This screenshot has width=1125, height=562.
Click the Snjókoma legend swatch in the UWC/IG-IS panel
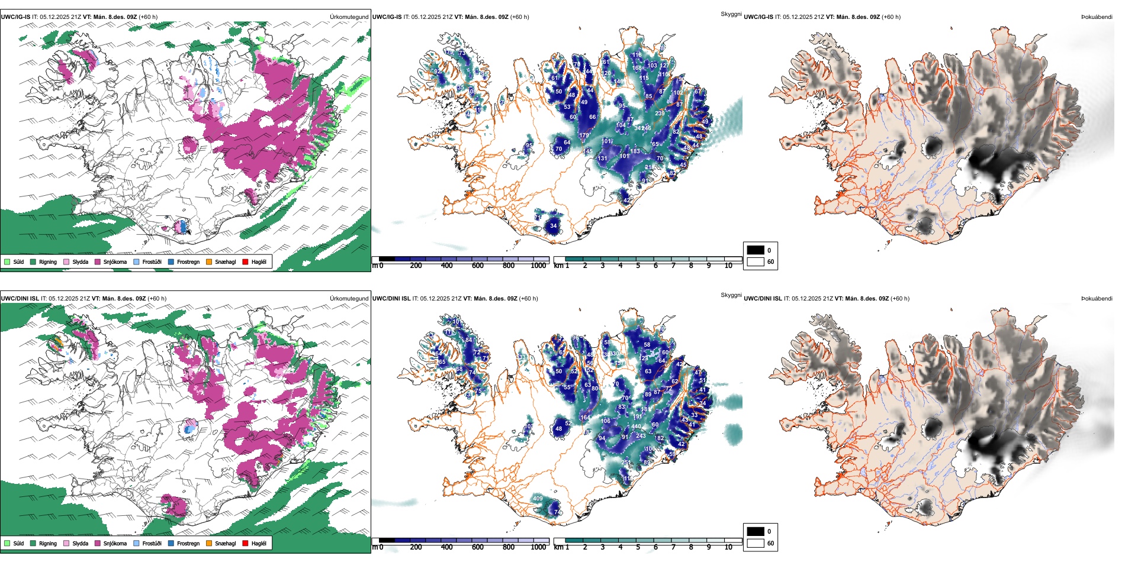pyautogui.click(x=98, y=261)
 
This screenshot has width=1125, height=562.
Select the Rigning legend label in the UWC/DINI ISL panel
pyautogui.click(x=48, y=543)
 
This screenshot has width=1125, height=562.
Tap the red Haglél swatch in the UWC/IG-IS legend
pyautogui.click(x=246, y=261)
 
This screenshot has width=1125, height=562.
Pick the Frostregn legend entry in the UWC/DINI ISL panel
pyautogui.click(x=188, y=543)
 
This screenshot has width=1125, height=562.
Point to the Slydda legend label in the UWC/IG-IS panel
pyautogui.click(x=80, y=261)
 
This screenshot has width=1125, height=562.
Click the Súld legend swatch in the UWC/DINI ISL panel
pyautogui.click(x=7, y=543)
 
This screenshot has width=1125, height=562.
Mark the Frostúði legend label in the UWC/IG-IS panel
pyautogui.click(x=152, y=261)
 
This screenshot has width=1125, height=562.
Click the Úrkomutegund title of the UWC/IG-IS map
pyautogui.click(x=349, y=17)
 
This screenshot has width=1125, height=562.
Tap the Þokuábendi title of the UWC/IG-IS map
pyautogui.click(x=1097, y=17)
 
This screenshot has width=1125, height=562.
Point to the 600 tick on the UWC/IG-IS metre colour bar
pyautogui.click(x=478, y=266)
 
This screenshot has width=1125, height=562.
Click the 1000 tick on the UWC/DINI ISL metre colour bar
pyautogui.click(x=538, y=547)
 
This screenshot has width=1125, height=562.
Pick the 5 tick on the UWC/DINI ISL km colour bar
pyautogui.click(x=638, y=547)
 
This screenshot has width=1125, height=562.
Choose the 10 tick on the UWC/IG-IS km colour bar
pyautogui.click(x=728, y=266)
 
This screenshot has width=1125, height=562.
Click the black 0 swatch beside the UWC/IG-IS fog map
pyautogui.click(x=756, y=250)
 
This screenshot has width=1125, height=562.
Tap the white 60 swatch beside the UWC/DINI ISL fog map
pyautogui.click(x=756, y=543)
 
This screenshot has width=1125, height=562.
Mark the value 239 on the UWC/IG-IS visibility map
pyautogui.click(x=660, y=114)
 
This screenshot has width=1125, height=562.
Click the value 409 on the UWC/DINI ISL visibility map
pyautogui.click(x=538, y=499)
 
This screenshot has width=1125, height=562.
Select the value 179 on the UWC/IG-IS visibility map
pyautogui.click(x=584, y=135)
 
